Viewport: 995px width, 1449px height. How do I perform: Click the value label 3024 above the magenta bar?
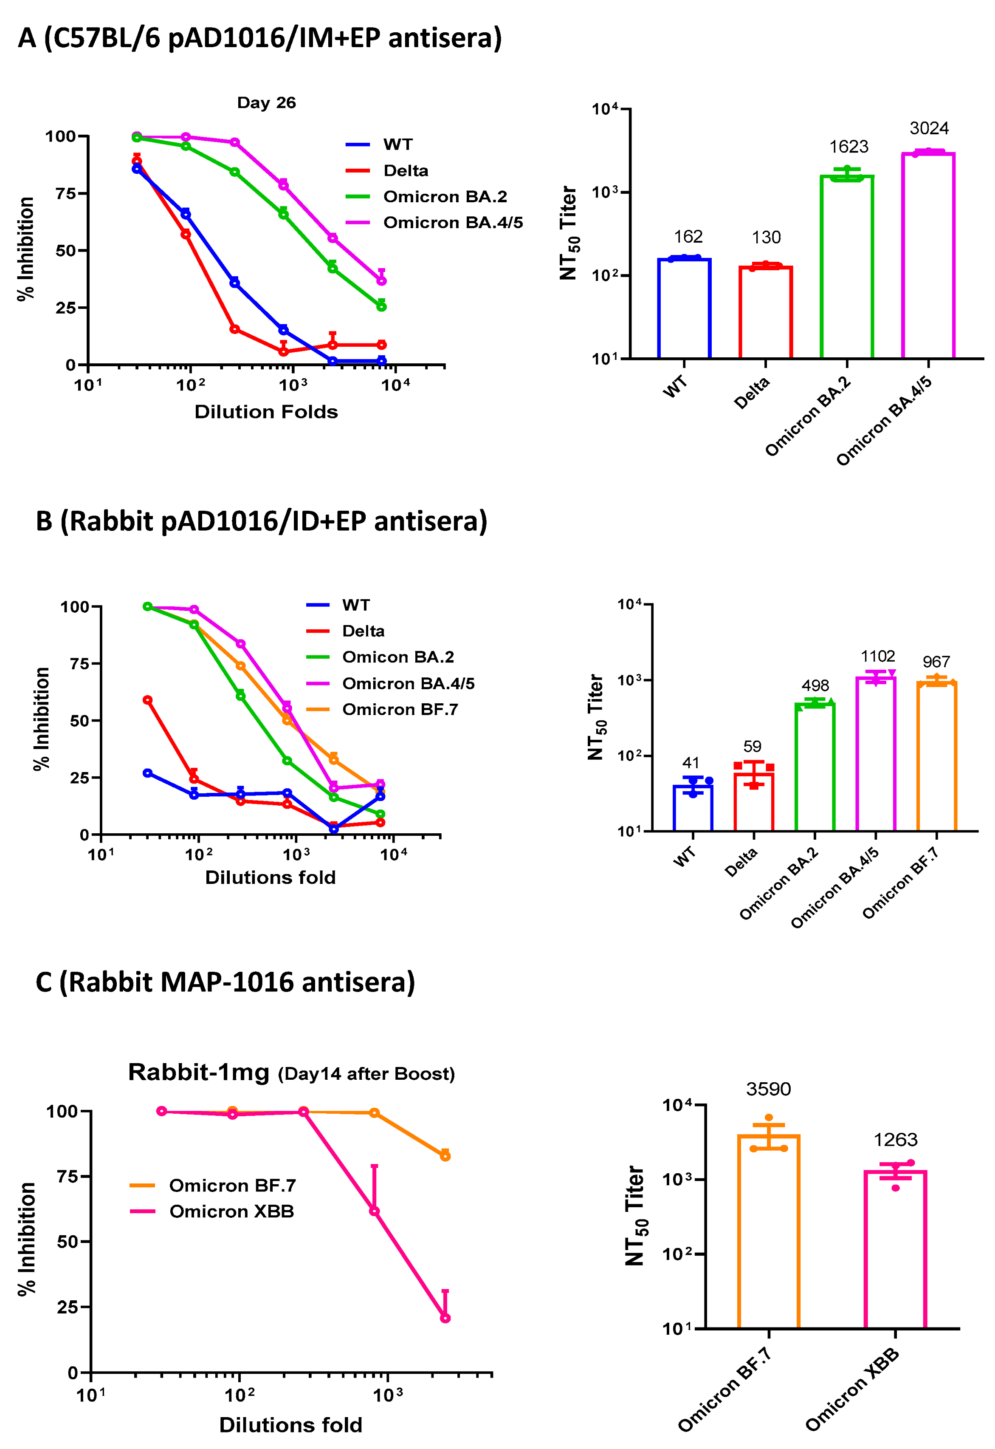coord(928,128)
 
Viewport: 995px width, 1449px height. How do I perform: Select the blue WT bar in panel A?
coord(684,309)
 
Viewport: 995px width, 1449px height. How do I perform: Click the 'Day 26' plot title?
coord(266,103)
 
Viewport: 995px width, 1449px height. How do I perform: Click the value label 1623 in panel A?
coord(848,147)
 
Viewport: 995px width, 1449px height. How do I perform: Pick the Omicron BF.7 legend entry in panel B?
coord(400,710)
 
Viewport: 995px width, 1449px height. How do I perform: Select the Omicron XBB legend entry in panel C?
coord(231,1211)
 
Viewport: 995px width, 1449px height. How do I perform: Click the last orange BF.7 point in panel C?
coord(445,1157)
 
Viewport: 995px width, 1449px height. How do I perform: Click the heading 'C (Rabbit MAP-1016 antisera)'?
coord(225,982)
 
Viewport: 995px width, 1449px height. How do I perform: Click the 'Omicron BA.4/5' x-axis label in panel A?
coord(884,421)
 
